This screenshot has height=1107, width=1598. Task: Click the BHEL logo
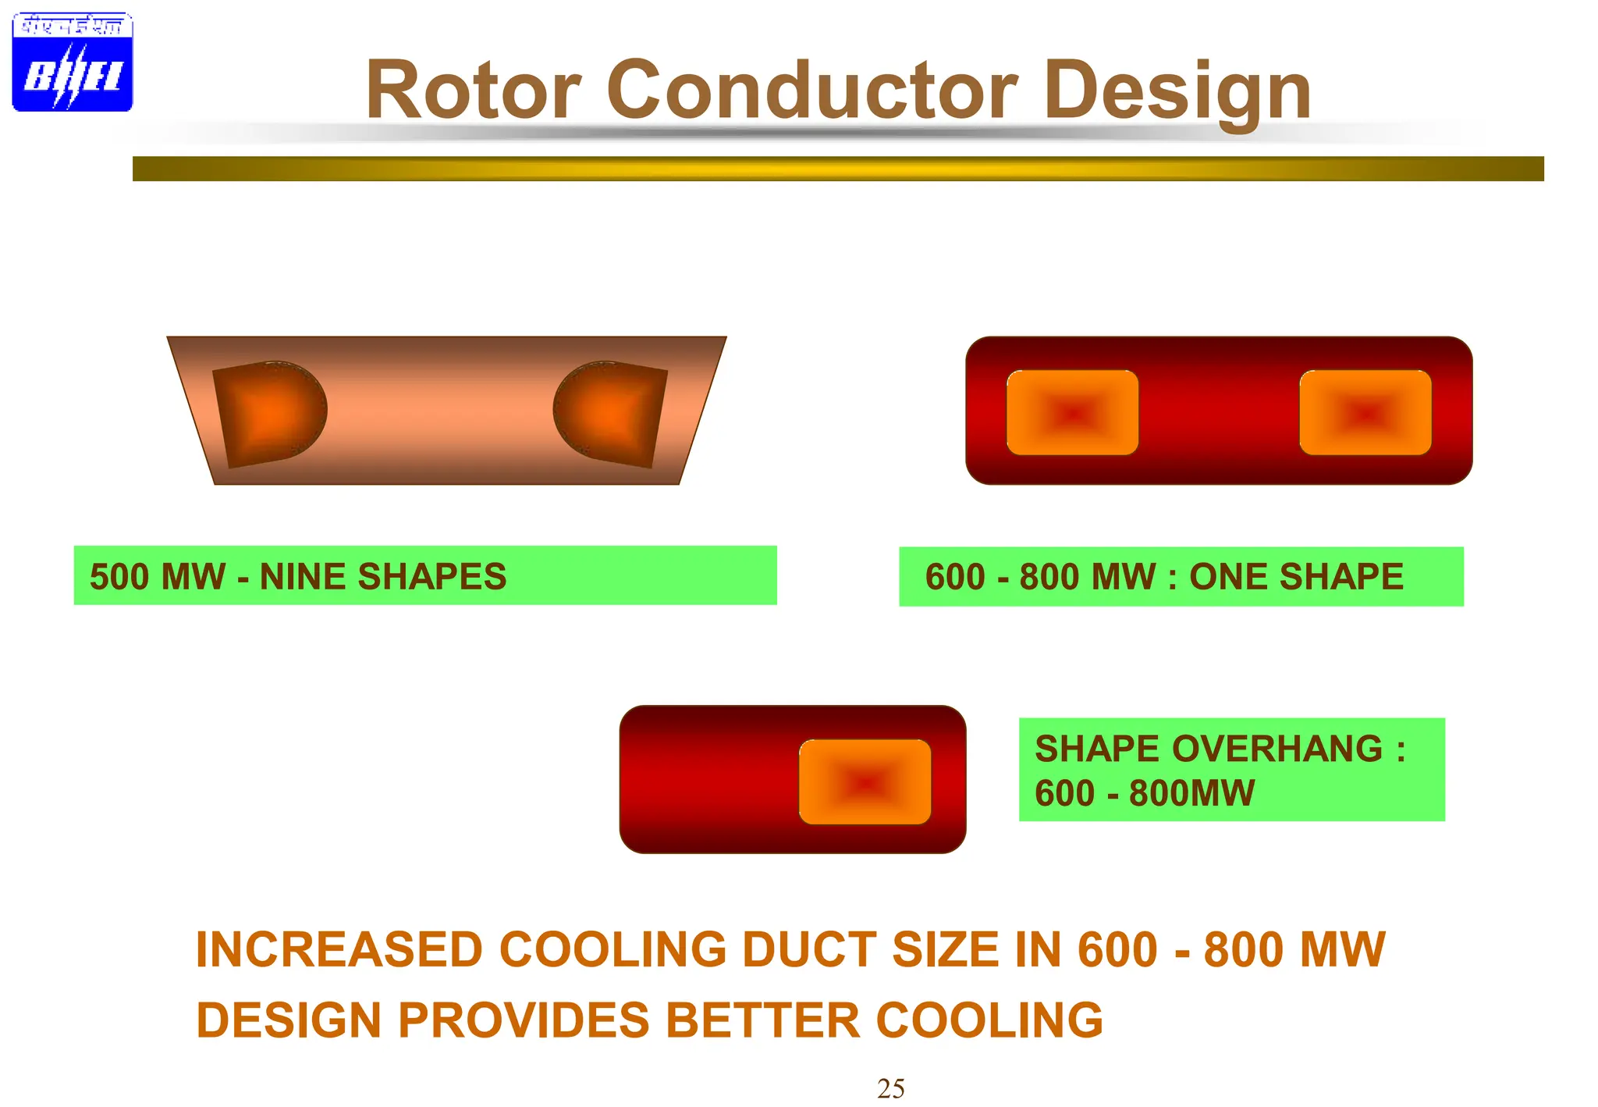72,62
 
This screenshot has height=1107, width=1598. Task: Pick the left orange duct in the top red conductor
1072,412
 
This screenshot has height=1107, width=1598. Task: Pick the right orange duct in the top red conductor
1365,412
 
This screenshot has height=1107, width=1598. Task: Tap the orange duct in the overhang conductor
865,781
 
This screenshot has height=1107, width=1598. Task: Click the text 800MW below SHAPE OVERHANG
1191,793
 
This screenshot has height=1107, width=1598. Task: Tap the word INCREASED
339,950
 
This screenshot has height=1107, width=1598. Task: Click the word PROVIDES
524,1020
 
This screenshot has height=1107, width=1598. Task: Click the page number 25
890,1088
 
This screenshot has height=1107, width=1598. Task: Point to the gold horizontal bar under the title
838,169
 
